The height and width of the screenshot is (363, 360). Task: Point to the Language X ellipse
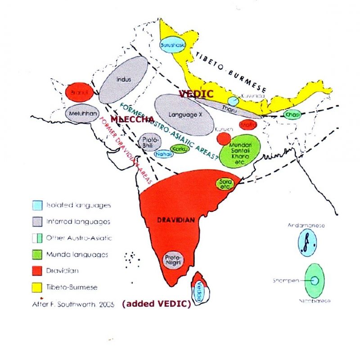pyautogui.click(x=184, y=115)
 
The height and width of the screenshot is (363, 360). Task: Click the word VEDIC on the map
pyautogui.click(x=196, y=94)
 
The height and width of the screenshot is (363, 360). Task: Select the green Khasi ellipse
pyautogui.click(x=293, y=115)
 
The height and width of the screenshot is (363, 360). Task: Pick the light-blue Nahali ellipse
pyautogui.click(x=163, y=154)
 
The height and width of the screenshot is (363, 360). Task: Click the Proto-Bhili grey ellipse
pyautogui.click(x=148, y=141)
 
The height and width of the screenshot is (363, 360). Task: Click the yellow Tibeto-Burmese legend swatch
pyautogui.click(x=38, y=287)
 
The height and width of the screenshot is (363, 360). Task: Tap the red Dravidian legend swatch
pyautogui.click(x=38, y=271)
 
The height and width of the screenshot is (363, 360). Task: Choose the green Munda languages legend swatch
pyautogui.click(x=38, y=254)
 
